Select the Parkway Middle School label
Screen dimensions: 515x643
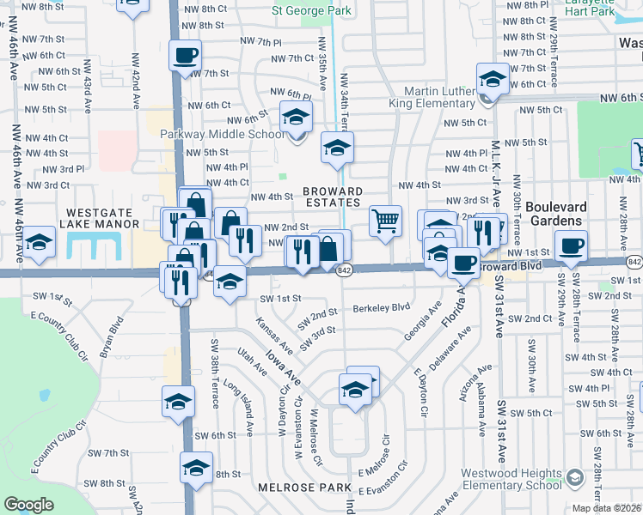tap(222, 135)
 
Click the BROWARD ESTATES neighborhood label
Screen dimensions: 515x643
tap(332, 197)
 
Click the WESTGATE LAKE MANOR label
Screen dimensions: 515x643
tap(99, 217)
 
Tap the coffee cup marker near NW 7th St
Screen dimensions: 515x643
tap(185, 56)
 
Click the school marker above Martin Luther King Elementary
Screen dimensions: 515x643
tap(493, 79)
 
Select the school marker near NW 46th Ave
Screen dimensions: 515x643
tap(39, 243)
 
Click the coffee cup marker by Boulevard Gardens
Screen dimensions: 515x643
tap(570, 245)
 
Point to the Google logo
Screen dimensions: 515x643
tap(28, 504)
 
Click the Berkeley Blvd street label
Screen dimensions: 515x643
tap(382, 306)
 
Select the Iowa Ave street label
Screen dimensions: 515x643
tap(282, 367)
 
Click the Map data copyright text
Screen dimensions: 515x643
tap(607, 508)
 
